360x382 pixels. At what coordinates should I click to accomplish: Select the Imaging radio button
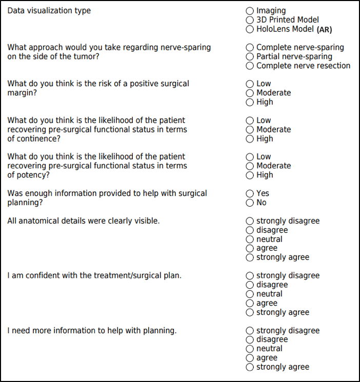[250, 11]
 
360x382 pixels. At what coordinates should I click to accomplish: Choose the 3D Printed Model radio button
[250, 20]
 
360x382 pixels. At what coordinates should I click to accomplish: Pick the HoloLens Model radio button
[250, 29]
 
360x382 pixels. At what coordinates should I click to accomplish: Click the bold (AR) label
[324, 30]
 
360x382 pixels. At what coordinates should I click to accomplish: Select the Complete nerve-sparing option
[250, 48]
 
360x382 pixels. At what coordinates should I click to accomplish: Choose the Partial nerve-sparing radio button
[250, 57]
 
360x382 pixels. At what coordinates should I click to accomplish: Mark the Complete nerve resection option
[250, 66]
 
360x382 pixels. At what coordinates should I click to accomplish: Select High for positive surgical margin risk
[250, 103]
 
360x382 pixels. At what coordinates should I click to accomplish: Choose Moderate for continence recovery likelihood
[250, 130]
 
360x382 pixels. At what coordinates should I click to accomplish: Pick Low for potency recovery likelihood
[250, 157]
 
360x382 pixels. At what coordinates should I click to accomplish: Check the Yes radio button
[250, 194]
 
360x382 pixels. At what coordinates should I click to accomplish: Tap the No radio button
[250, 203]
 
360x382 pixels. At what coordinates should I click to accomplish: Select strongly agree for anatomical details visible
[250, 257]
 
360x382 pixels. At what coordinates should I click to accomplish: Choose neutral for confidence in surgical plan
[250, 294]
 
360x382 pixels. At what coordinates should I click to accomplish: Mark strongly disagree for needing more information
[250, 331]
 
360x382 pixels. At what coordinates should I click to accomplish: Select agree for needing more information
[250, 358]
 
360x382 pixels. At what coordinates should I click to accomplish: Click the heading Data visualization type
[49, 11]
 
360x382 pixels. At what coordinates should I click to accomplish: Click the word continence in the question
[38, 139]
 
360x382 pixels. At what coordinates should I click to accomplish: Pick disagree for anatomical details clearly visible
[250, 230]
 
